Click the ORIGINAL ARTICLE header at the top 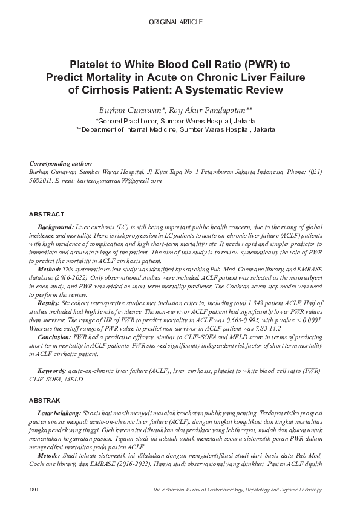175,22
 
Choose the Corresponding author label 61,164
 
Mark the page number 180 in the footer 34,489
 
